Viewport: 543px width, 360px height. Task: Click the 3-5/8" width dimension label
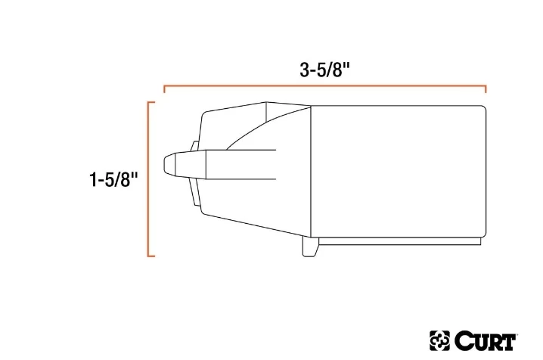[324, 69]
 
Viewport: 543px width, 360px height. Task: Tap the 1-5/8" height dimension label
[113, 179]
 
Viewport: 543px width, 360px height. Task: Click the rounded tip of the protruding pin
[168, 164]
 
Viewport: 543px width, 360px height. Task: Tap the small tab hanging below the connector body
[309, 247]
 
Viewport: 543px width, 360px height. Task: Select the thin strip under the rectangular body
[399, 241]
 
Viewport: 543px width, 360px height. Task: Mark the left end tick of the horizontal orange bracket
[165, 91]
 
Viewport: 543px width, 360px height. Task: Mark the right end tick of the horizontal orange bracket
[486, 91]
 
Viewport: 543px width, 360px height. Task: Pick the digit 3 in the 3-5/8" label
[304, 69]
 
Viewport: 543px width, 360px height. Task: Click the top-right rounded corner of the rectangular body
[482, 109]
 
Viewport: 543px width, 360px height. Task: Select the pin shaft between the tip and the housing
[242, 165]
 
